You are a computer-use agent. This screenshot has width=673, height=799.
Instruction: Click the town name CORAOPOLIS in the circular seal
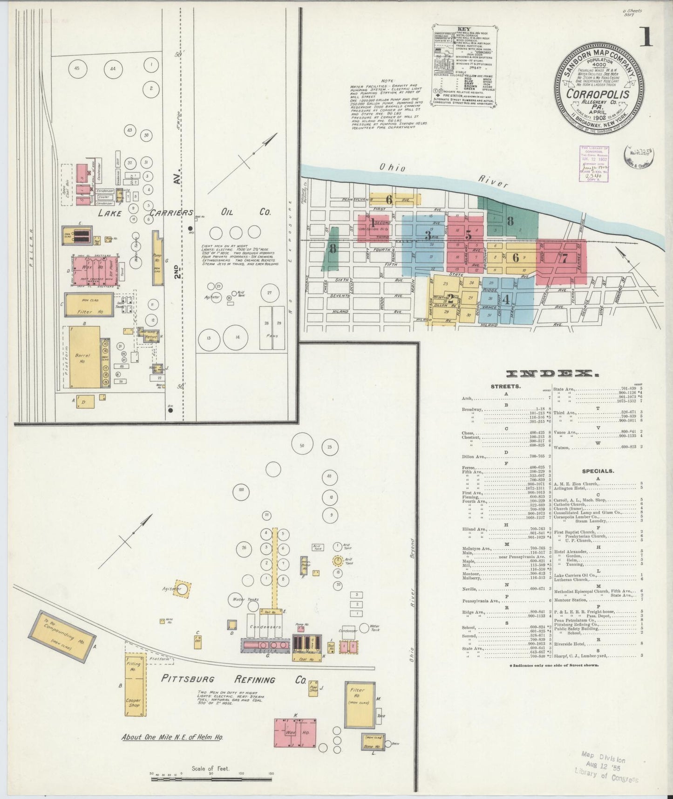598,94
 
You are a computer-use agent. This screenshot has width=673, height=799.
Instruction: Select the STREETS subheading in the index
505,386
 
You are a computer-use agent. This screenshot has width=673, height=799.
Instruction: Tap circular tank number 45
77,69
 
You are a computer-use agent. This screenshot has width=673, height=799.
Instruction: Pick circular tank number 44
113,69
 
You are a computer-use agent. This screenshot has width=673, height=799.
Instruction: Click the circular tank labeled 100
241,489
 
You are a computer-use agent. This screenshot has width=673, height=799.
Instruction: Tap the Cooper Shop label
133,703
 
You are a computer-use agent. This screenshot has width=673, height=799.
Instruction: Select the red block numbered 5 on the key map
468,236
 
